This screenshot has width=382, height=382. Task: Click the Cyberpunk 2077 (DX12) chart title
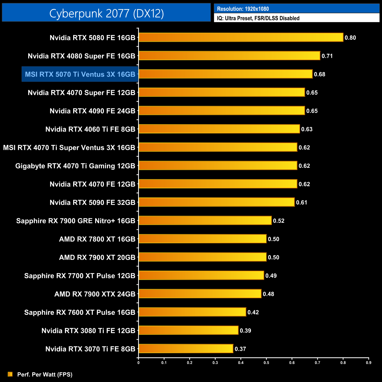coord(106,13)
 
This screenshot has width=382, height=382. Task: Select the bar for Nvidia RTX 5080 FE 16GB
coord(241,38)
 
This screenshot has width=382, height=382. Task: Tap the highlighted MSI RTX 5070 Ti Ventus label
coord(80,74)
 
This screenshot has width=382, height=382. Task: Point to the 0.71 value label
coord(327,56)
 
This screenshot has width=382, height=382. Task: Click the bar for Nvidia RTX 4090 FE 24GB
coord(222,111)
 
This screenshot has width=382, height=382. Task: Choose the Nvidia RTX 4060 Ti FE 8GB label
coord(90,129)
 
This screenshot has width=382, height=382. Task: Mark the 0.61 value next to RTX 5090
coord(301,202)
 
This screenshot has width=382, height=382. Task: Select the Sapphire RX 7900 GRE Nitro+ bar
coord(205,221)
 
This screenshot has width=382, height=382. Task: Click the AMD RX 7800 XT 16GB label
coord(97,239)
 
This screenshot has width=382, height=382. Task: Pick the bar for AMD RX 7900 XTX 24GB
coord(200,294)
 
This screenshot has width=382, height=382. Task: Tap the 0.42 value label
coord(253,312)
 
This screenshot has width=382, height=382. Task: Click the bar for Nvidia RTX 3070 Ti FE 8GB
coord(186,349)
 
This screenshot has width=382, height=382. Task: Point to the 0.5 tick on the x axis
coord(266,363)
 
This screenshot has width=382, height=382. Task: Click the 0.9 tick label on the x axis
coord(368,363)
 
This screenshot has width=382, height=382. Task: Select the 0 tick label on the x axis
coord(138,363)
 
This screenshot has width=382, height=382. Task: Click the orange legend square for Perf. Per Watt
coord(10,374)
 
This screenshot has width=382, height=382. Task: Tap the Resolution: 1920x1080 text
coord(243,9)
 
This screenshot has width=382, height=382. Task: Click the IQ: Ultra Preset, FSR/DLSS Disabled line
coord(258,18)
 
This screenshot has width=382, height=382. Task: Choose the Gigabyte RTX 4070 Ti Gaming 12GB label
coord(75,166)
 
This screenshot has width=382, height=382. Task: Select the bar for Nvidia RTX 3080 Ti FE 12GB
coord(188,331)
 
